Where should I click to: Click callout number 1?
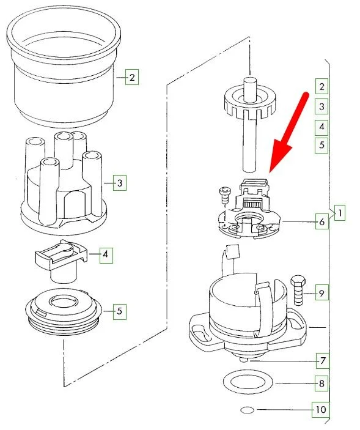click(x=340, y=213)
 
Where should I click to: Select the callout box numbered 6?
click(x=321, y=221)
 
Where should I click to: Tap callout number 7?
click(x=323, y=361)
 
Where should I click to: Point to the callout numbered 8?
click(x=321, y=383)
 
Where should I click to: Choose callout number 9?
click(x=321, y=292)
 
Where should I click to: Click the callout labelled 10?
click(x=321, y=410)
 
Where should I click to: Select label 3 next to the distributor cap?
click(x=120, y=183)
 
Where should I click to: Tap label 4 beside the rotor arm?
click(x=106, y=255)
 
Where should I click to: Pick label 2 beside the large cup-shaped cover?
click(x=132, y=77)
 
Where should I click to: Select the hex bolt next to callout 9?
click(x=299, y=290)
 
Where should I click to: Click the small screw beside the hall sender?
click(x=225, y=195)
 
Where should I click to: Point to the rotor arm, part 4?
click(x=62, y=261)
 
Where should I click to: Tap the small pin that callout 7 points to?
click(x=243, y=360)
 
